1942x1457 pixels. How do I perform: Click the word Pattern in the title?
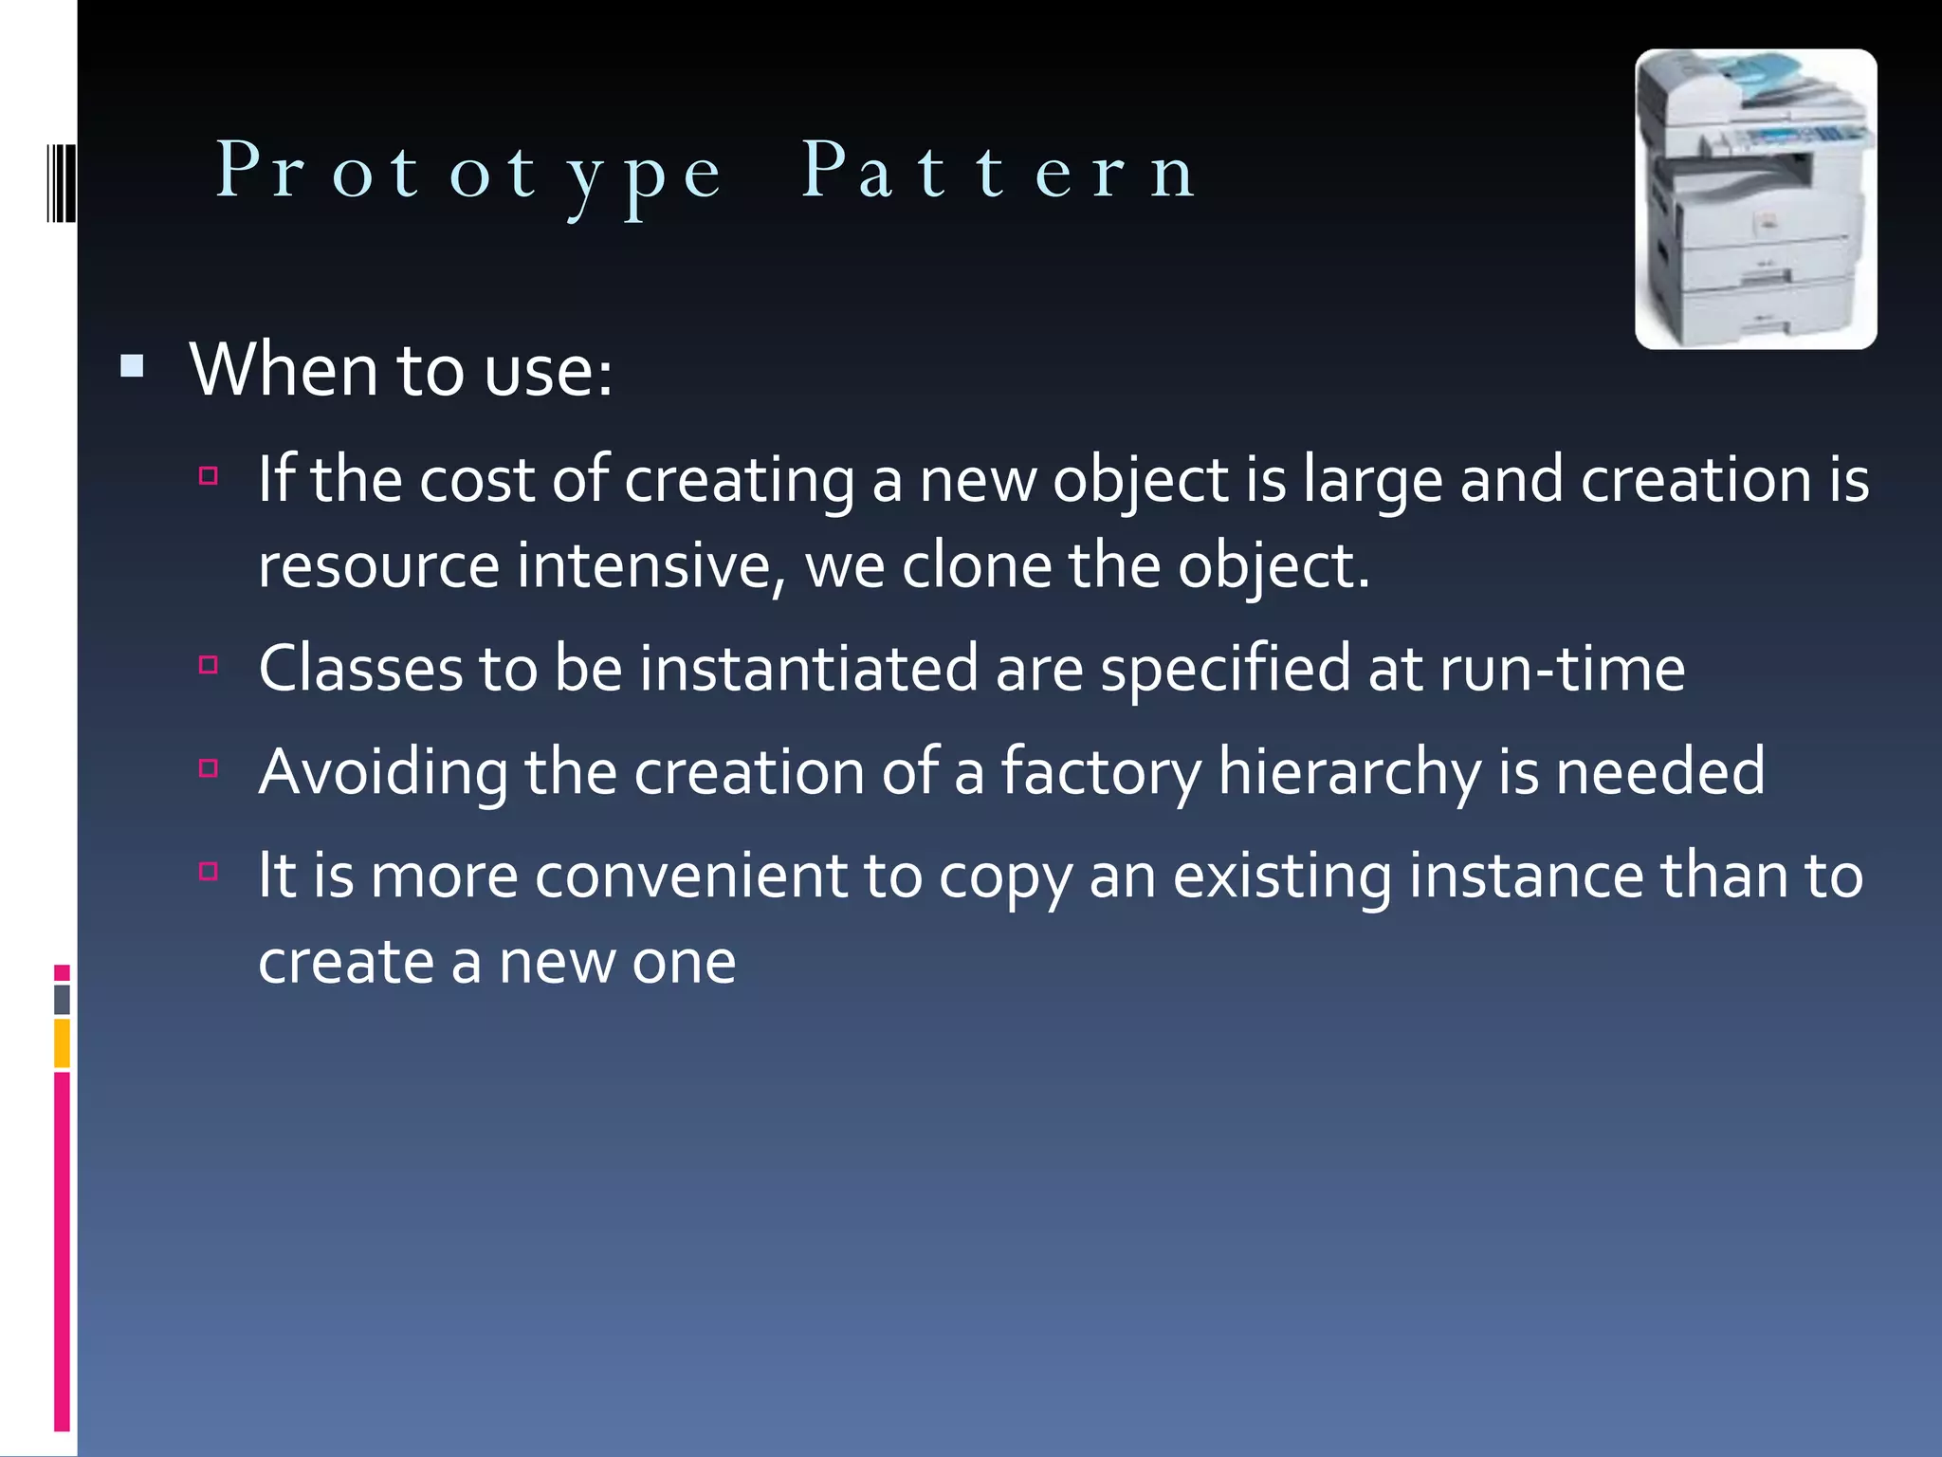999,172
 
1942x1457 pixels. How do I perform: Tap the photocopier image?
1755,199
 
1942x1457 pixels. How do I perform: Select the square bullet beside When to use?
133,366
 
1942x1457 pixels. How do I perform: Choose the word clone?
977,566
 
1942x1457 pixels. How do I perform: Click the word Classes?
360,669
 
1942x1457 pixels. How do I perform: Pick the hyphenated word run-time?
1562,669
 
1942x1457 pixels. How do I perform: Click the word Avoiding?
383,772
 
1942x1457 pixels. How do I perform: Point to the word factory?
1101,772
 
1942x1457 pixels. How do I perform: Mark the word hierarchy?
1349,772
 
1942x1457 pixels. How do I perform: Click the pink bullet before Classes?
210,665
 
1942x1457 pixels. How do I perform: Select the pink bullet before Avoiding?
210,767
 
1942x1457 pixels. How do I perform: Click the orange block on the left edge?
63,1042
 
